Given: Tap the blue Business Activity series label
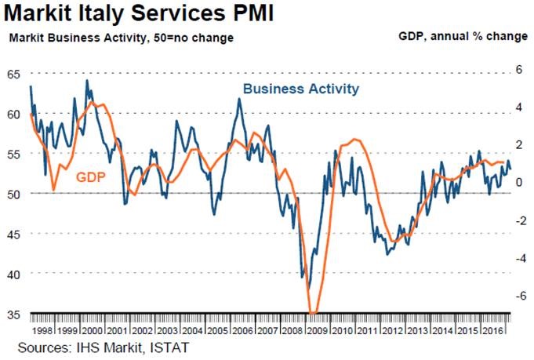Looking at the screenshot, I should (x=301, y=89).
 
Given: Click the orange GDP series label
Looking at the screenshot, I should (x=90, y=177).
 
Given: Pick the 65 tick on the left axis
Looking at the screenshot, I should (x=13, y=74).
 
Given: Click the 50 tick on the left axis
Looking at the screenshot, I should (x=13, y=193).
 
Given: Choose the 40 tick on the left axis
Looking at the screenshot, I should (x=13, y=274).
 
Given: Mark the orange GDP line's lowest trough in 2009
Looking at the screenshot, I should (x=312, y=313).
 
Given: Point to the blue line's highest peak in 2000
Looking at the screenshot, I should (x=86, y=80).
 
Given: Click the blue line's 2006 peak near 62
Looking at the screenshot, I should (x=239, y=98).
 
